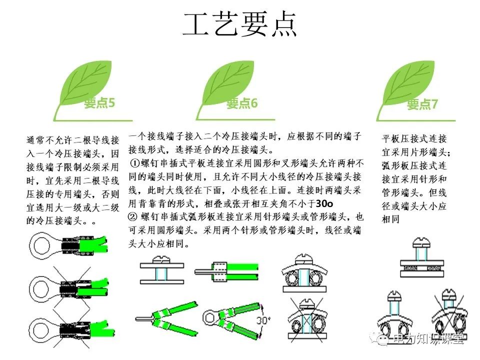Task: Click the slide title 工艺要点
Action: pos(240,24)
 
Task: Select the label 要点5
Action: pos(99,103)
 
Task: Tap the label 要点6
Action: pos(242,103)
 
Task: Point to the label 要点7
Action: pos(422,104)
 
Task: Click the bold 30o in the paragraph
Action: pos(325,204)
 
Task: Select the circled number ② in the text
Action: pos(133,217)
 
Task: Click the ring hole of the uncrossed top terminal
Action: pos(39,245)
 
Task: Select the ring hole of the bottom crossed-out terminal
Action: pos(39,329)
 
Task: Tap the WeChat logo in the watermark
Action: pos(381,339)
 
